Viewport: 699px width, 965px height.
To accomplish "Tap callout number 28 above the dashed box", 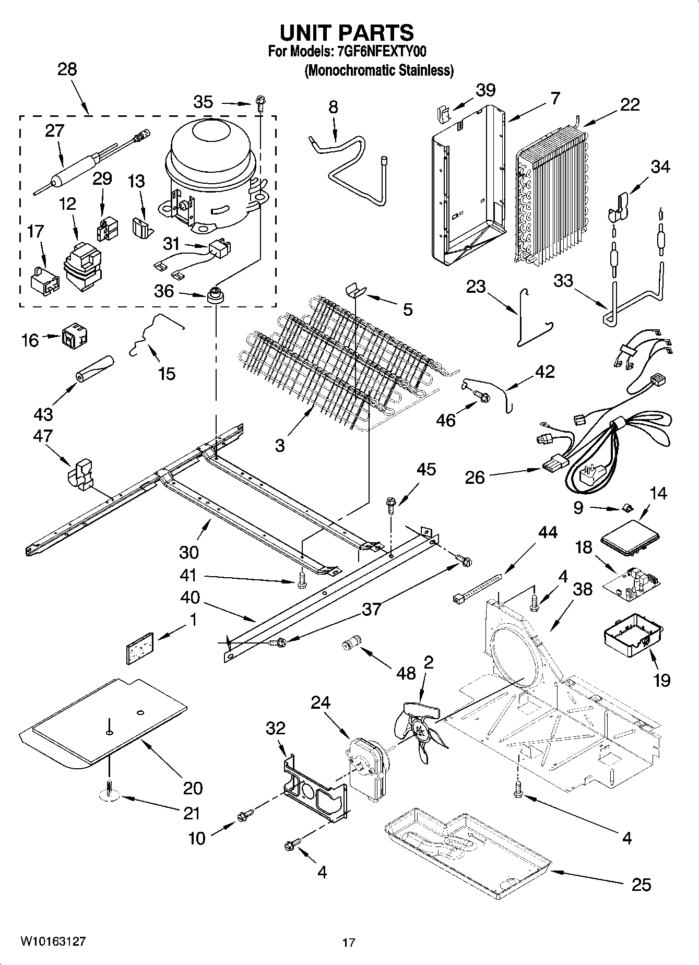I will (67, 69).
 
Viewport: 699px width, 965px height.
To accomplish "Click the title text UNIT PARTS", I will (347, 32).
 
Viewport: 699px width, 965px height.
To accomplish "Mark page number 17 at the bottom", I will (349, 943).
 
